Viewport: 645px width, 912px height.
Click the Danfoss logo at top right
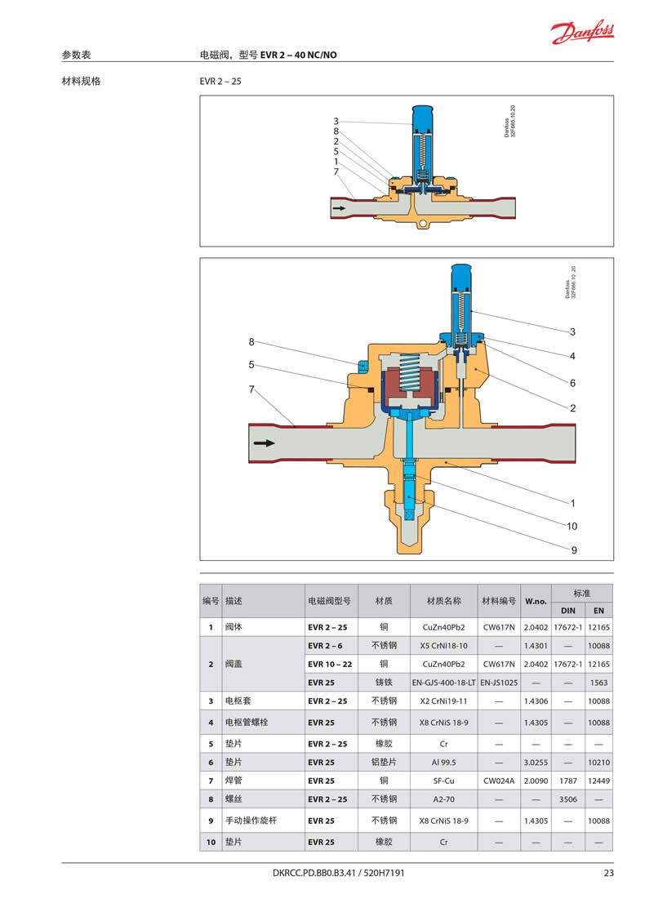coord(581,31)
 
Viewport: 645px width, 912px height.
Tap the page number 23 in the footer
coord(608,873)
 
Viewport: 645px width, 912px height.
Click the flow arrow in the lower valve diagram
coord(265,443)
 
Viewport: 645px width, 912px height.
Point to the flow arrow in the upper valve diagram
coord(339,207)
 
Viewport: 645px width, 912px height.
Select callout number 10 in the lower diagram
coord(572,527)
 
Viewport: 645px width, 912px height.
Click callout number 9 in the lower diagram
coord(574,550)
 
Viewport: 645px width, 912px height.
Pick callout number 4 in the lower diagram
coord(572,356)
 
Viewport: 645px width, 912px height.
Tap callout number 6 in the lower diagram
coord(572,383)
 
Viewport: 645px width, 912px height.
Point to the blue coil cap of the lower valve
coord(462,279)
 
